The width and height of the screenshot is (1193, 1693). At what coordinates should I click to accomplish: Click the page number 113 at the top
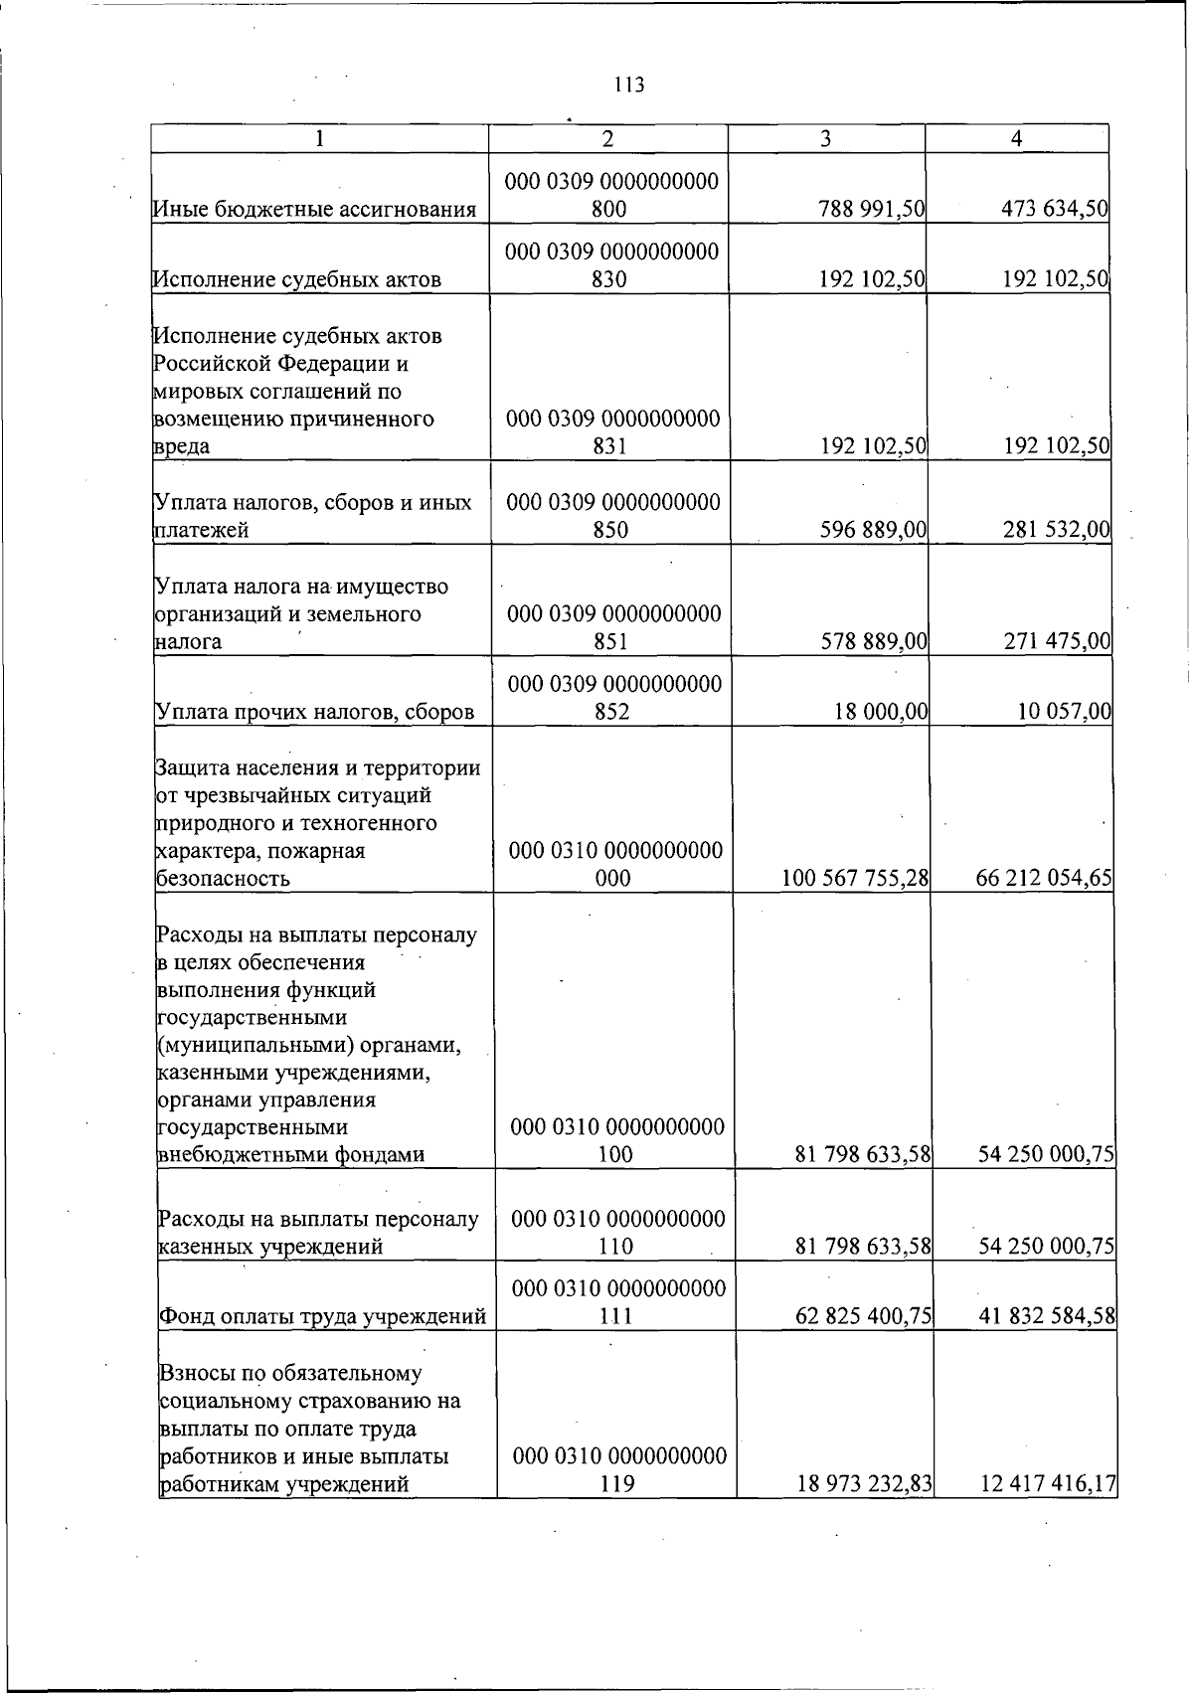629,85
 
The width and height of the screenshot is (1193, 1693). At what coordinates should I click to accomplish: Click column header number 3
825,139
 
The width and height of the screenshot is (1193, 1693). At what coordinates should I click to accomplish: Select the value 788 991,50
872,209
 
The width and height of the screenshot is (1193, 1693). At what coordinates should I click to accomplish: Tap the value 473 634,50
1055,209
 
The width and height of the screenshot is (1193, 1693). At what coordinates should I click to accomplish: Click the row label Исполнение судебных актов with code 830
296,279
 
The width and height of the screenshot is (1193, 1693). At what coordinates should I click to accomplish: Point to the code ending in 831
612,432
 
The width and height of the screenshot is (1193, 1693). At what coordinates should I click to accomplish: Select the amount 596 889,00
873,530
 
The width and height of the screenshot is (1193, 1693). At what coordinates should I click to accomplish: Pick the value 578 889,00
873,641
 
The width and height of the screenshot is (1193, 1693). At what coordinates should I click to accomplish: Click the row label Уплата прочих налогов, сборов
315,712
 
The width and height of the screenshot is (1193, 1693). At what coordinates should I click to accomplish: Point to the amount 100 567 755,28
855,879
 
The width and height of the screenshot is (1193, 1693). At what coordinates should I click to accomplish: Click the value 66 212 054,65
1044,879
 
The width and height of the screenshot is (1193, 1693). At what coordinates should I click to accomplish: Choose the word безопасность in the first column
224,879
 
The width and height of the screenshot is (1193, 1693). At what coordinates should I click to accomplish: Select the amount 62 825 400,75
863,1317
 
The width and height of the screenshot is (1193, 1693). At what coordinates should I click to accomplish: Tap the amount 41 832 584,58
1047,1317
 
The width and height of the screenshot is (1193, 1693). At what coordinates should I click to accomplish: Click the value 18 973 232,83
864,1484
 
